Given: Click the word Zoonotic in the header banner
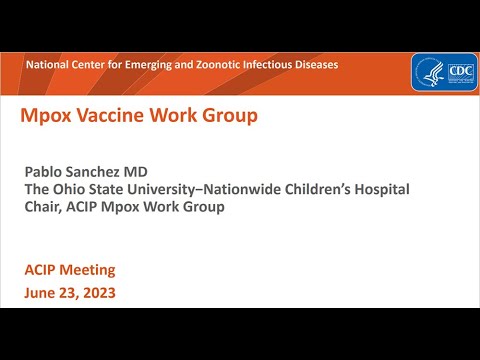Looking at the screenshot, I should [x=204, y=64].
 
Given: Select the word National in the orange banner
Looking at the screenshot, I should [x=48, y=64].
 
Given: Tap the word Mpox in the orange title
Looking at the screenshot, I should [x=44, y=116].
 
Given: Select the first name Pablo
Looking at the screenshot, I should [x=46, y=173].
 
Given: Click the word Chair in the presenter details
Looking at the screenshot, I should [x=45, y=207].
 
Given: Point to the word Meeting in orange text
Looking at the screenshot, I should [x=86, y=270].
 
